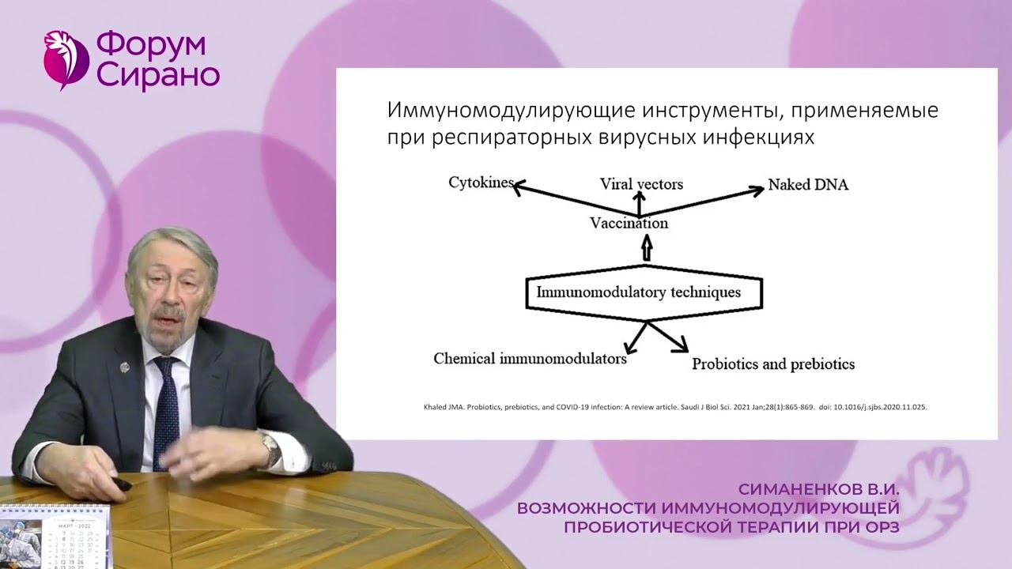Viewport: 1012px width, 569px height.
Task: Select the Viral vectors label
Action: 641,184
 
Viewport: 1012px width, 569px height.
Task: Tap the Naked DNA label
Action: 808,186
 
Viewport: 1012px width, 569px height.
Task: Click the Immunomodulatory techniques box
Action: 644,292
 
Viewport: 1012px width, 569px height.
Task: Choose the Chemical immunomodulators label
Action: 530,358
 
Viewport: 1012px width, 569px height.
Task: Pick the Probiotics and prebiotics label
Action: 772,364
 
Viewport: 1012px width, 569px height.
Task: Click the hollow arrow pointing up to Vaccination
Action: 647,250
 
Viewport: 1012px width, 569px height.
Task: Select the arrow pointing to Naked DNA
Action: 704,201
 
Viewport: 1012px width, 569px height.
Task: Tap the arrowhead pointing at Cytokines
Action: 519,187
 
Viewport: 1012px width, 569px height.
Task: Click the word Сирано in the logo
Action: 159,76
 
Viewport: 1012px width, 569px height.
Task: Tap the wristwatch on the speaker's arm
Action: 271,450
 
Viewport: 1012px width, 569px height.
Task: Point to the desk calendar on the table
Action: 55,537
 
